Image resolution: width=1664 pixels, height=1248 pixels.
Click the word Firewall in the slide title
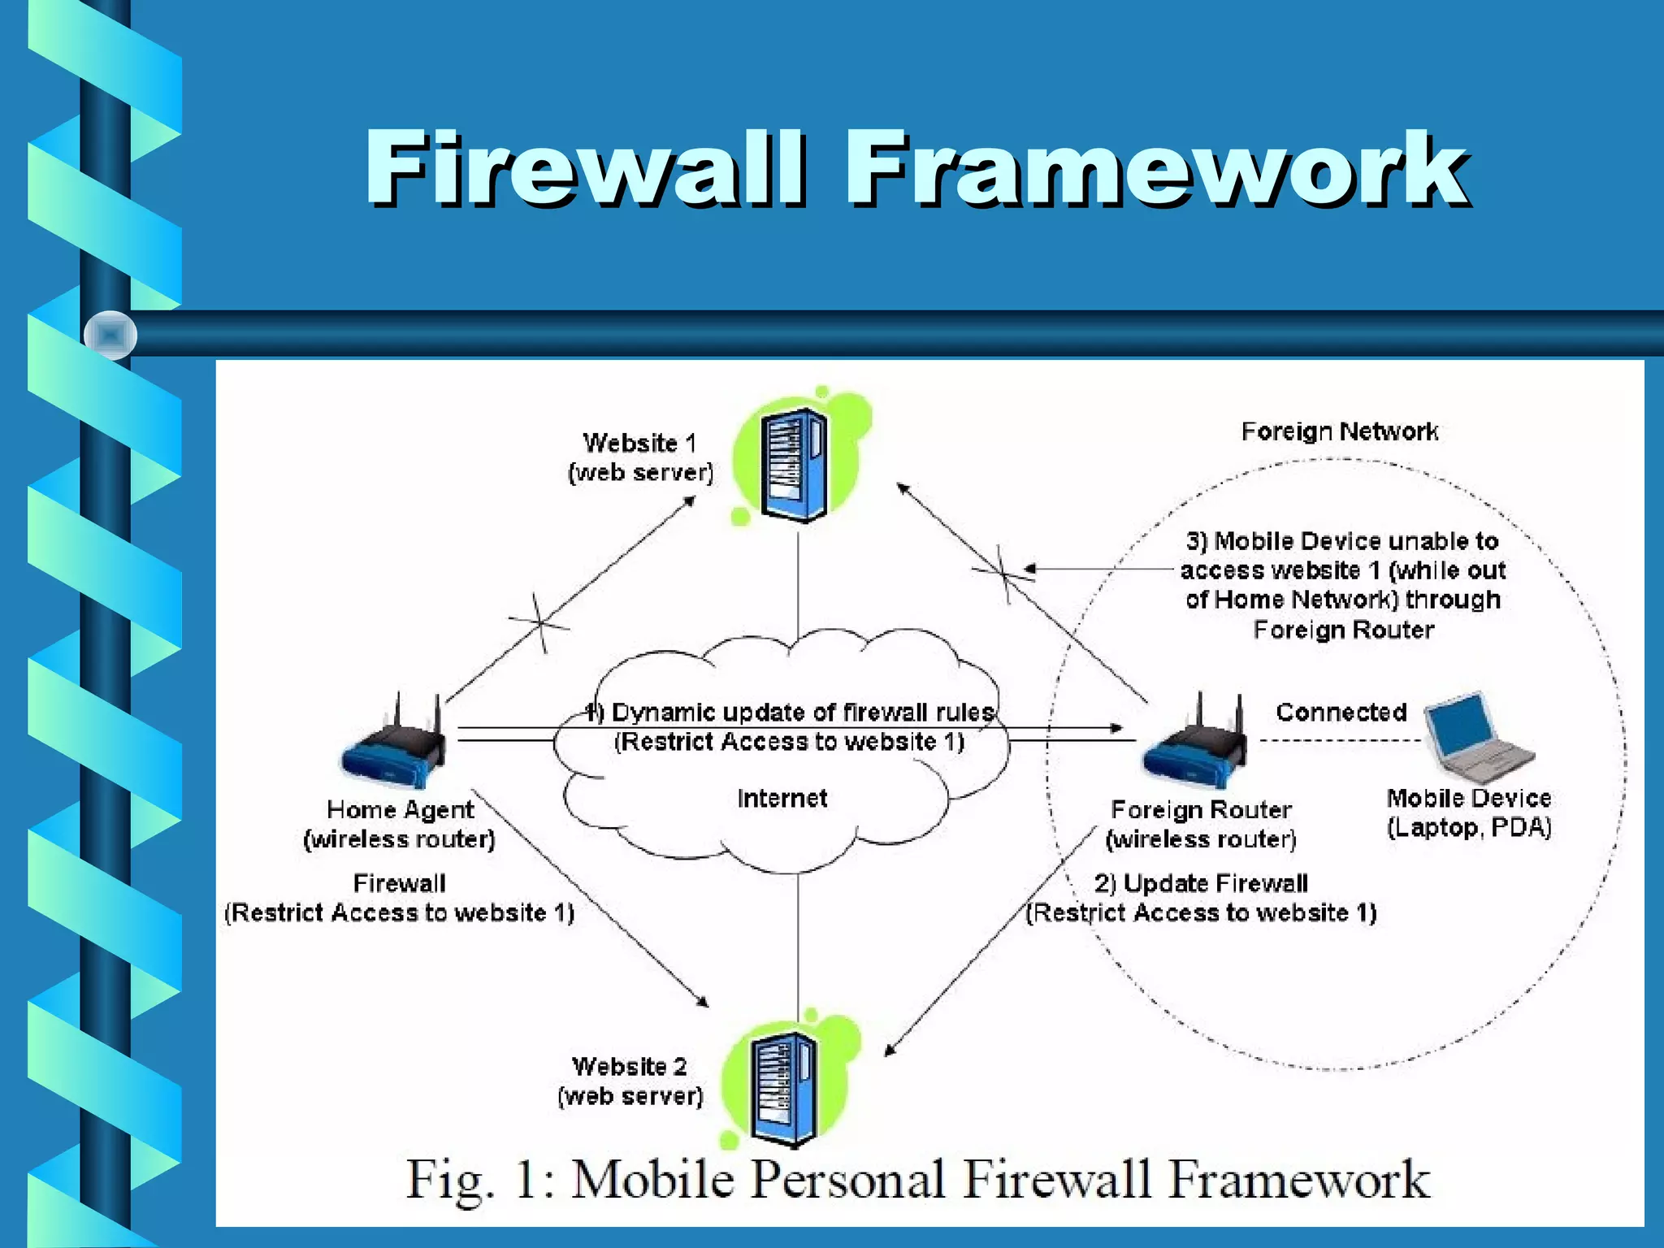tap(585, 169)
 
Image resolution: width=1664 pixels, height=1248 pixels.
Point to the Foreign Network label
tap(1339, 431)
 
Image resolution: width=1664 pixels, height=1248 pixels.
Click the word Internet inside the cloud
tap(782, 799)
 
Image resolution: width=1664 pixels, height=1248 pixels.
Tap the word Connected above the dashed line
tap(1341, 713)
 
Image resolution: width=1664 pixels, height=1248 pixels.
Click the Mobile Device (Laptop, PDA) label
tap(1469, 813)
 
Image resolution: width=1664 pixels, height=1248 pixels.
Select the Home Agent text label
tap(400, 810)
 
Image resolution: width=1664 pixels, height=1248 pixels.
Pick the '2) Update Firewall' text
tap(1201, 883)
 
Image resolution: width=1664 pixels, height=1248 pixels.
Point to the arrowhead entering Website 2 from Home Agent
tap(704, 1003)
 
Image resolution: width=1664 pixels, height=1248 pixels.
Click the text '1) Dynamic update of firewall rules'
tap(790, 713)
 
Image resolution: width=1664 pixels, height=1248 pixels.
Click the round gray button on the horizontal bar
tap(110, 335)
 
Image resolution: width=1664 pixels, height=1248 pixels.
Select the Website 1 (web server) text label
tap(640, 457)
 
